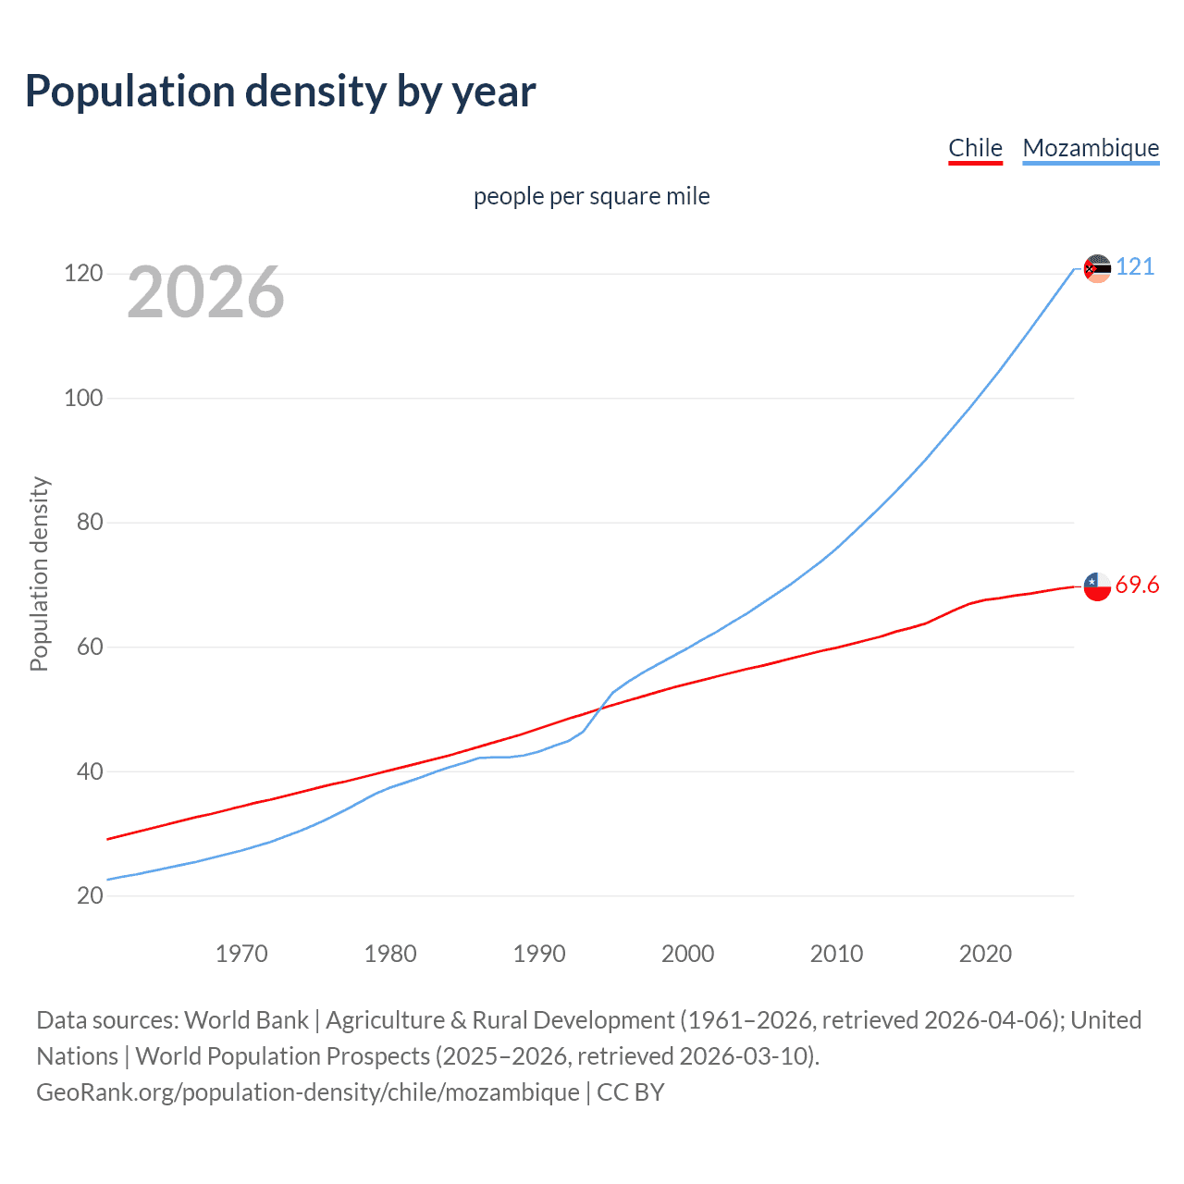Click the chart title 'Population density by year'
point(280,92)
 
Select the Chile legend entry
point(975,148)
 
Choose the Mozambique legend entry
point(1091,148)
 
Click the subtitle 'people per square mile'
point(591,197)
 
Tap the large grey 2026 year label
point(205,292)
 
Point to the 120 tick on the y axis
point(83,274)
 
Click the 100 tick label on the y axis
point(83,399)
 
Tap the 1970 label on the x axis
point(241,954)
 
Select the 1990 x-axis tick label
point(539,954)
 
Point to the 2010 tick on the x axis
point(836,954)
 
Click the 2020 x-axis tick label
point(985,954)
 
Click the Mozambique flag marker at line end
point(1097,269)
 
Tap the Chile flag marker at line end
point(1097,586)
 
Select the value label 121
point(1135,267)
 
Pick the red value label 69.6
point(1137,586)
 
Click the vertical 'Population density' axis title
point(39,573)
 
